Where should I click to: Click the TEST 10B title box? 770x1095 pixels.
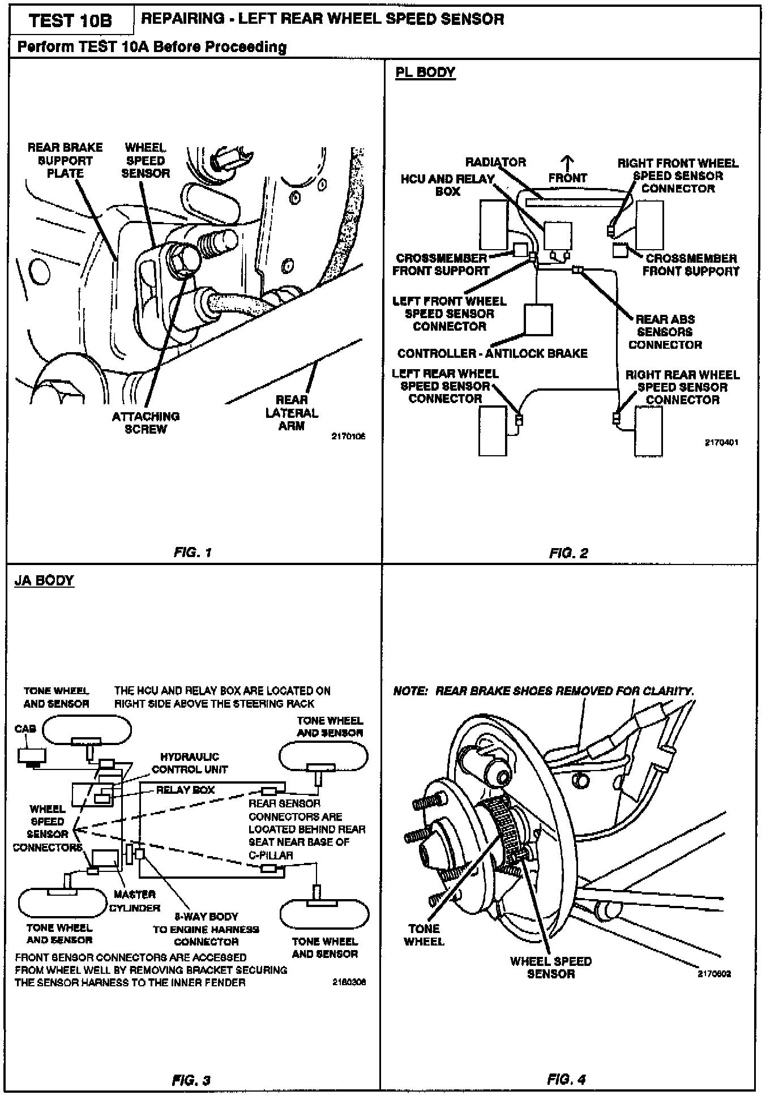click(70, 21)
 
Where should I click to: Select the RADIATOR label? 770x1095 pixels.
click(495, 162)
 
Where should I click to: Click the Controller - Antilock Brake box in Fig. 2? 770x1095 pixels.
click(538, 320)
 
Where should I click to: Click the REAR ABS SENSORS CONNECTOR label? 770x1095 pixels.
click(665, 332)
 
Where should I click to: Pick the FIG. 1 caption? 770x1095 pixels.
click(193, 553)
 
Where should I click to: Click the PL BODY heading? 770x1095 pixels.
click(425, 72)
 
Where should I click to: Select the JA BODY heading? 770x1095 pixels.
click(44, 581)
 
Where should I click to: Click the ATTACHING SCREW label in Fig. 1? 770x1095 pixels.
click(146, 422)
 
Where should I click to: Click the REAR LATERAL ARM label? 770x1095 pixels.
click(292, 413)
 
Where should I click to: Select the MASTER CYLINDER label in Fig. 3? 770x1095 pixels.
click(135, 901)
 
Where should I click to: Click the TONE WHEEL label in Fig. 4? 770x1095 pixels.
click(424, 935)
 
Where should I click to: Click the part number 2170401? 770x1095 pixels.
click(721, 443)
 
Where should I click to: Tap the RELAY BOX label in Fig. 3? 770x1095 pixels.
click(185, 790)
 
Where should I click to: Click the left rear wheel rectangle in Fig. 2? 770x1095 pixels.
click(493, 431)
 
